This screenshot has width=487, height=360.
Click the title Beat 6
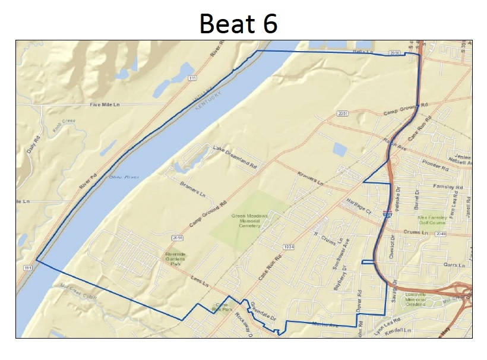238,24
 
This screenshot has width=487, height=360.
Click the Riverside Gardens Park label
175,258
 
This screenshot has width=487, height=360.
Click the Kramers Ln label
309,178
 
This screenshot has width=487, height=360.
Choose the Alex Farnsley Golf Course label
431,221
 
